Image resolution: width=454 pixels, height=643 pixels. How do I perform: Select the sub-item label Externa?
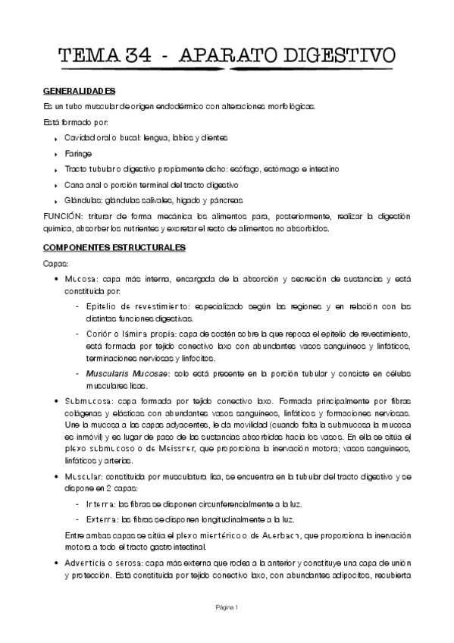tap(103, 519)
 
